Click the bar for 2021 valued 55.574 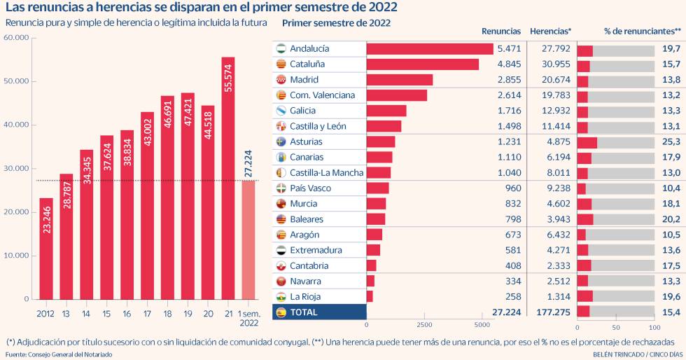point(228,178)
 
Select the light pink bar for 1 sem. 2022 point(248,240)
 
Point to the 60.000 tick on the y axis point(17,37)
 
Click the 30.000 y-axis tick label point(17,168)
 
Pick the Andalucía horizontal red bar point(430,49)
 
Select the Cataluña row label point(307,64)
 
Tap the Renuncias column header point(501,32)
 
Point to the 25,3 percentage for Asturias point(671,141)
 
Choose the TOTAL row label point(304,312)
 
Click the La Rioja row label point(306,296)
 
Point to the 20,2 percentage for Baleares point(671,219)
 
